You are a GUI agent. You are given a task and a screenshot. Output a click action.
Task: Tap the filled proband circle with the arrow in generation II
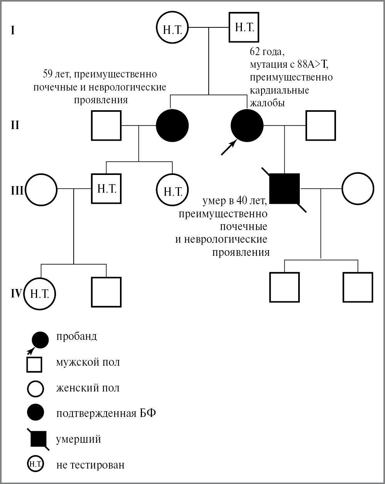[247, 126]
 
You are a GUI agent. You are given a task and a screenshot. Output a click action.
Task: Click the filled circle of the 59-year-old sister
[172, 126]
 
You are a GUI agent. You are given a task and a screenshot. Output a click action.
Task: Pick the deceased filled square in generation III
[285, 189]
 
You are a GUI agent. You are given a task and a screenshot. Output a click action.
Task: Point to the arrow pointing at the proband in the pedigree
[228, 148]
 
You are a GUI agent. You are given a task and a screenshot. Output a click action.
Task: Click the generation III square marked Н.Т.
[106, 189]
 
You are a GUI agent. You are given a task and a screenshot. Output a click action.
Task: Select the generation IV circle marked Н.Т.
[40, 294]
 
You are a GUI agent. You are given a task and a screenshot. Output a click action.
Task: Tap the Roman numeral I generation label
[13, 30]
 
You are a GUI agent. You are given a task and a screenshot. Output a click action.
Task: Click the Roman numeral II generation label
[15, 126]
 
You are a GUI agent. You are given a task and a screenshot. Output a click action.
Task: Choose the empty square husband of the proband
[321, 126]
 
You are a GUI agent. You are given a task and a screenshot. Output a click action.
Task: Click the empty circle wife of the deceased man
[358, 189]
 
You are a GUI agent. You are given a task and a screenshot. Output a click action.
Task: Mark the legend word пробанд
[77, 336]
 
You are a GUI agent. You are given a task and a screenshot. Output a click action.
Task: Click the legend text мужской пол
[88, 362]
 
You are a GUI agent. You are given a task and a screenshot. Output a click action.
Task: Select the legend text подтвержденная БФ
[106, 413]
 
